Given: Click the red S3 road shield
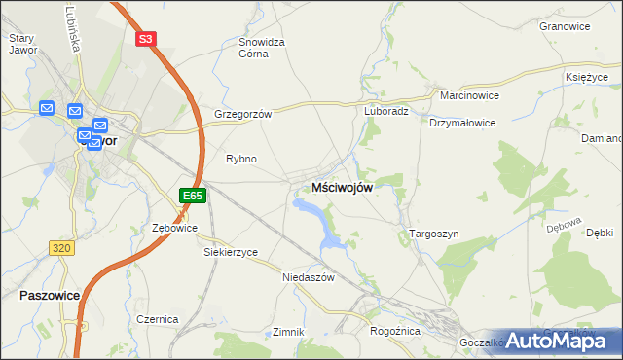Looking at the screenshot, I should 145,39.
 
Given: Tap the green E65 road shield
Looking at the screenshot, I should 193,196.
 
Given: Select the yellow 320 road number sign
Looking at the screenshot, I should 60,248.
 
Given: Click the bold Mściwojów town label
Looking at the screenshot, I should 341,188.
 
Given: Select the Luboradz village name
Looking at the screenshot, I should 386,111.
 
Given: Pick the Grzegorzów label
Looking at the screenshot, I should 242,114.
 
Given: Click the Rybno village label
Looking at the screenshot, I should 240,159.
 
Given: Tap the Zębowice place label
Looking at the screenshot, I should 175,228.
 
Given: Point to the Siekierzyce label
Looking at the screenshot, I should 231,252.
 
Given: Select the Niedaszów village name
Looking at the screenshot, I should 308,277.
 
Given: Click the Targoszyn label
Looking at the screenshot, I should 426,234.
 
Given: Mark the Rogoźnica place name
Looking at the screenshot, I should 394,332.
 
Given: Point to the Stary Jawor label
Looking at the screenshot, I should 21,44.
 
